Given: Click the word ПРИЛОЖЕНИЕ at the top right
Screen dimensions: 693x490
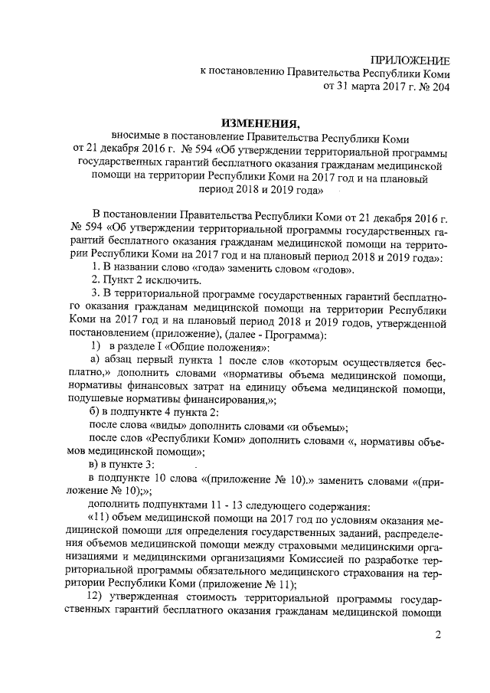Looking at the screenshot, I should [410, 60].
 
